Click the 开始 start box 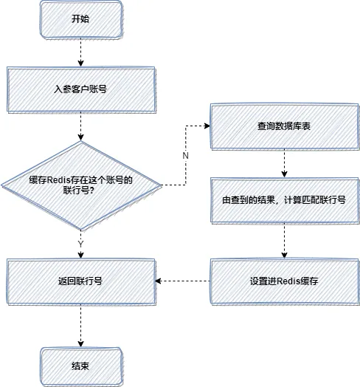point(80,19)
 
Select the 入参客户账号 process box point(80,87)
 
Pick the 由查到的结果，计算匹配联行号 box point(284,199)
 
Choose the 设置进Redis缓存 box point(284,281)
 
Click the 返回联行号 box point(80,281)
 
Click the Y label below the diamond point(80,243)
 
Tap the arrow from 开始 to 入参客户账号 point(80,53)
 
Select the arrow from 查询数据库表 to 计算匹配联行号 point(284,161)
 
